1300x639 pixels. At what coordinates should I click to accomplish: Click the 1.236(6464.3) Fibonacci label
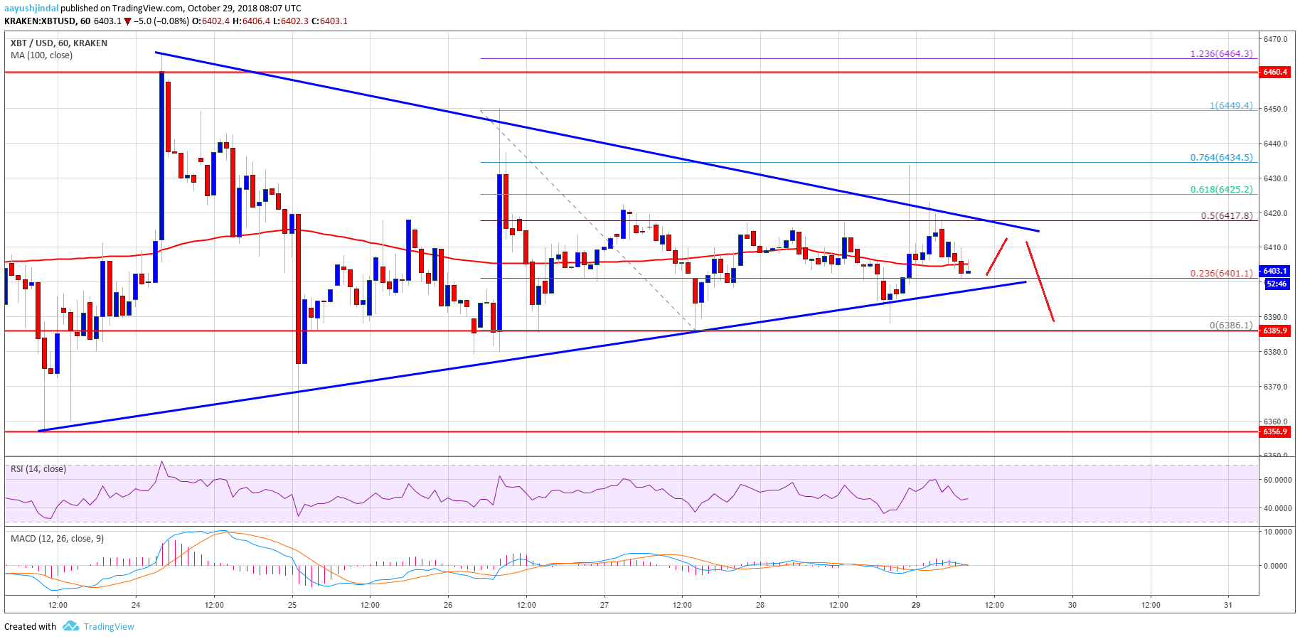[1221, 53]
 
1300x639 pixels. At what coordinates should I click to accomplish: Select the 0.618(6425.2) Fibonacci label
[1221, 190]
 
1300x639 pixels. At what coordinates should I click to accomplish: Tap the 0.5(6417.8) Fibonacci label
[1226, 215]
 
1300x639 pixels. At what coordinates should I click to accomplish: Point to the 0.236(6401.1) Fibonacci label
[1221, 273]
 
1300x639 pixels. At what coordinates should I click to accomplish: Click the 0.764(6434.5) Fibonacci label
[1221, 157]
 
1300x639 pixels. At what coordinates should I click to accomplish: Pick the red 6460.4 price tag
[1275, 72]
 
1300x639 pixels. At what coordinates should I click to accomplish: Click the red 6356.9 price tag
[1275, 431]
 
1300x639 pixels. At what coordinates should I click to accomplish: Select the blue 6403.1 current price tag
[1275, 271]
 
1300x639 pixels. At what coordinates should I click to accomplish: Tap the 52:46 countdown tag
[1277, 284]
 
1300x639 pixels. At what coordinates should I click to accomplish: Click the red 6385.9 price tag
[1275, 331]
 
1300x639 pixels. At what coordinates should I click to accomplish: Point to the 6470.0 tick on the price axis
[1276, 39]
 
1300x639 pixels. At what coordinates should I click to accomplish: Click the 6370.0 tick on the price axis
[1276, 387]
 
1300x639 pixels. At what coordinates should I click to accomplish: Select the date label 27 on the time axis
[604, 605]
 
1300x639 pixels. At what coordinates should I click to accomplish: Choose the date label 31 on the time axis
[1228, 605]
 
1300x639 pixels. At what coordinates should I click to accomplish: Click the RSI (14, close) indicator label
[38, 469]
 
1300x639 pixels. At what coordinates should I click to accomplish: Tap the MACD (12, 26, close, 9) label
[57, 539]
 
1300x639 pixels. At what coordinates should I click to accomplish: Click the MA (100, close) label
[41, 55]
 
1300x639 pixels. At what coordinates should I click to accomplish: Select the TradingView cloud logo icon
[70, 626]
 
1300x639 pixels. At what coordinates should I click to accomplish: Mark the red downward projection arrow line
[1040, 281]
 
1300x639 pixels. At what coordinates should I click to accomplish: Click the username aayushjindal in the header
[31, 9]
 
